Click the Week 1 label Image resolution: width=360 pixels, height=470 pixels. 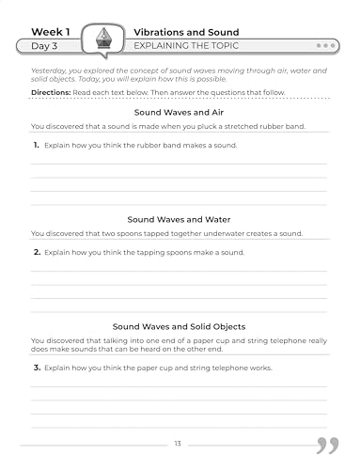coord(51,31)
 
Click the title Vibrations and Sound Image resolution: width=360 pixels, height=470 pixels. coord(186,31)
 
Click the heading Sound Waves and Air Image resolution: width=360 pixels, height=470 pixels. coord(180,111)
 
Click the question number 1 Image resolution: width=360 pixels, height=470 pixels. coord(37,146)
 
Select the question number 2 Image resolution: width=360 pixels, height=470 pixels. coord(37,253)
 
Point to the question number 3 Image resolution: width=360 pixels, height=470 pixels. coord(37,368)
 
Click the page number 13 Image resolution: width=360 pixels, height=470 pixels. coord(179,443)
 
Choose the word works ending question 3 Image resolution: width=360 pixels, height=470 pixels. coord(260,368)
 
